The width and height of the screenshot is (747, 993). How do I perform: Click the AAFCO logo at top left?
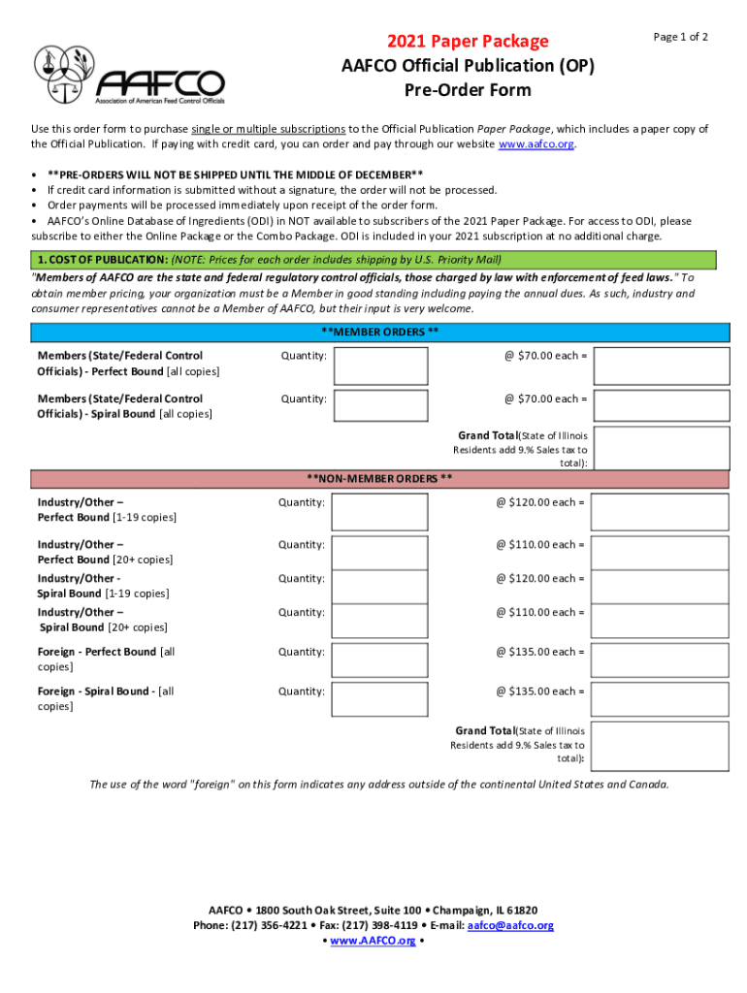129,75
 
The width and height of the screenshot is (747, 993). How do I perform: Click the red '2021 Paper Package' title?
468,41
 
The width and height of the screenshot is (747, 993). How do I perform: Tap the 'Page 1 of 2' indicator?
680,37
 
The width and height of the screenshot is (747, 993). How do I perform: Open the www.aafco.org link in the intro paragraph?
536,144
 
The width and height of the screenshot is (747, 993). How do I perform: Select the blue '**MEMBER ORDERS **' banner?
379,332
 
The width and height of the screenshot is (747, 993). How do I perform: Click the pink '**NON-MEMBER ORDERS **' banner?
379,478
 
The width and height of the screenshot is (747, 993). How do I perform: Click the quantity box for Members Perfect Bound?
381,366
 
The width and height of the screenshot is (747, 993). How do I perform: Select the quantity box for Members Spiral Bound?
381,408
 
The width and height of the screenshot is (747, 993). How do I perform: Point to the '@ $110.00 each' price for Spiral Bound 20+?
540,612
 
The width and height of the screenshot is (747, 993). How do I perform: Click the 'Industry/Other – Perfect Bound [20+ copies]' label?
105,552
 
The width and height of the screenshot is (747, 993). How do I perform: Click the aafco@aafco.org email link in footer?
510,925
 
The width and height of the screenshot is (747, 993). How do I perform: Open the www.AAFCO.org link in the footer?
373,941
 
